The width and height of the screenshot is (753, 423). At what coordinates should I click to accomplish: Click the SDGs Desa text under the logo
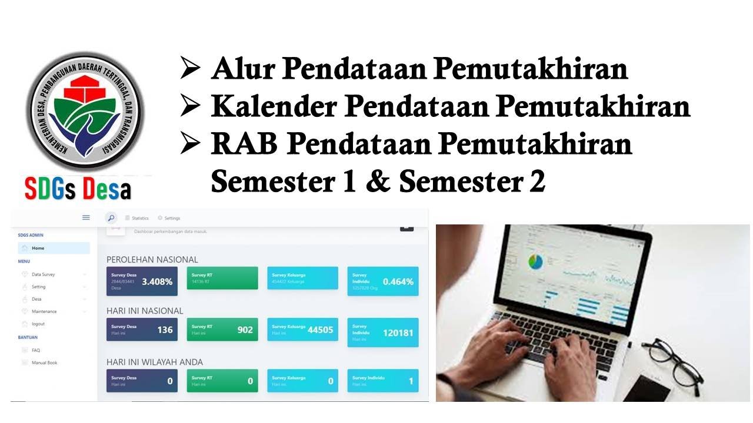[78, 189]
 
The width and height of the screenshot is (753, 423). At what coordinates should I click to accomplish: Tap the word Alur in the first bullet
[241, 69]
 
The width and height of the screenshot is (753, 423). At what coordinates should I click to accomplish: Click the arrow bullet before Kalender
[191, 106]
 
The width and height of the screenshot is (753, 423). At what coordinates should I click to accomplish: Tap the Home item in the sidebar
[38, 248]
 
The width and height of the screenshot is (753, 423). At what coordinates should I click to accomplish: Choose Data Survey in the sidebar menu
[43, 274]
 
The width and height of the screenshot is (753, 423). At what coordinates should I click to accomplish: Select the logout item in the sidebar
[38, 324]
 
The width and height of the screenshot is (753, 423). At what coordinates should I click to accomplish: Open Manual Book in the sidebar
[44, 362]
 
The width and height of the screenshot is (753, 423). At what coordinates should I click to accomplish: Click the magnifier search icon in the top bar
[111, 218]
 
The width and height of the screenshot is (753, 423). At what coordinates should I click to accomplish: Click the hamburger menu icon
[86, 217]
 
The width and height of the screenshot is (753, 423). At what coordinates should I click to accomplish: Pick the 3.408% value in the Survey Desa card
[157, 281]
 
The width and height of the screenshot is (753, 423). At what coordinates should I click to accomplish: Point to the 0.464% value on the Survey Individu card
[398, 281]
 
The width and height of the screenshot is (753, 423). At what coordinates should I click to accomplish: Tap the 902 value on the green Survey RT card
[245, 330]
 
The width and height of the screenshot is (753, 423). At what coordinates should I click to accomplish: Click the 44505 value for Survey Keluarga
[320, 330]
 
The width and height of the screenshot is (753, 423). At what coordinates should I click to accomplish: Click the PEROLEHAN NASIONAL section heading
[152, 259]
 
